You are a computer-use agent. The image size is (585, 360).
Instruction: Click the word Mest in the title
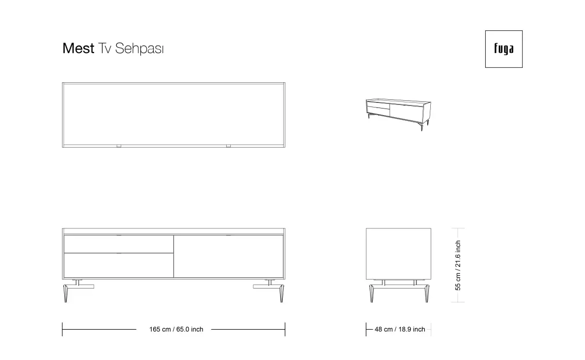pyautogui.click(x=78, y=48)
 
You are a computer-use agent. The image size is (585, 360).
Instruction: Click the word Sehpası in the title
pyautogui.click(x=139, y=48)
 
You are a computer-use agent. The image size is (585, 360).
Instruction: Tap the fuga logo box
pyautogui.click(x=504, y=49)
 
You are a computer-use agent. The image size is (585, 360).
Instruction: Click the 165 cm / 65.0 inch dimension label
pyautogui.click(x=176, y=329)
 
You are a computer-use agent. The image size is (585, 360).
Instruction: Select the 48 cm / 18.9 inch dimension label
pyautogui.click(x=399, y=329)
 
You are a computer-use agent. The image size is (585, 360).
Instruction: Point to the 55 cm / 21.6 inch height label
pyautogui.click(x=458, y=265)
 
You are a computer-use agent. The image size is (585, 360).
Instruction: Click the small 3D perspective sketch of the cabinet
pyautogui.click(x=398, y=114)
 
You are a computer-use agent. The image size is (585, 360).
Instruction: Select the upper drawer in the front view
pyautogui.click(x=119, y=244)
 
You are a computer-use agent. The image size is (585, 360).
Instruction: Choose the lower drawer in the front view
pyautogui.click(x=119, y=265)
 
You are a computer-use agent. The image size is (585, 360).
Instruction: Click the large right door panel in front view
pyautogui.click(x=229, y=257)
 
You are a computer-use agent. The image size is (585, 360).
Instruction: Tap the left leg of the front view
pyautogui.click(x=66, y=293)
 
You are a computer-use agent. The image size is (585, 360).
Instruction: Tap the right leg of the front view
pyautogui.click(x=281, y=293)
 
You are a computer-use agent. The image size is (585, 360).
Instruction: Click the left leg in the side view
pyautogui.click(x=372, y=293)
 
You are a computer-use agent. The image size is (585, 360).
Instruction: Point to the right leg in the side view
pyautogui.click(x=427, y=293)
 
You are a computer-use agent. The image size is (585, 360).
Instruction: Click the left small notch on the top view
pyautogui.click(x=119, y=146)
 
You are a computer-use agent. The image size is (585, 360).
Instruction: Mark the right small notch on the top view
pyautogui.click(x=229, y=146)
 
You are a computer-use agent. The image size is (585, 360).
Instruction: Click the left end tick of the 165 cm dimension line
pyautogui.click(x=62, y=329)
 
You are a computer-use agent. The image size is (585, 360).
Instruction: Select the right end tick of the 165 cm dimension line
pyautogui.click(x=285, y=329)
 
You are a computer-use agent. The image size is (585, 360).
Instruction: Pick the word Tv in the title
pyautogui.click(x=104, y=48)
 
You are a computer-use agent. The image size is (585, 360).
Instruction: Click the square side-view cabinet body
pyautogui.click(x=398, y=254)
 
